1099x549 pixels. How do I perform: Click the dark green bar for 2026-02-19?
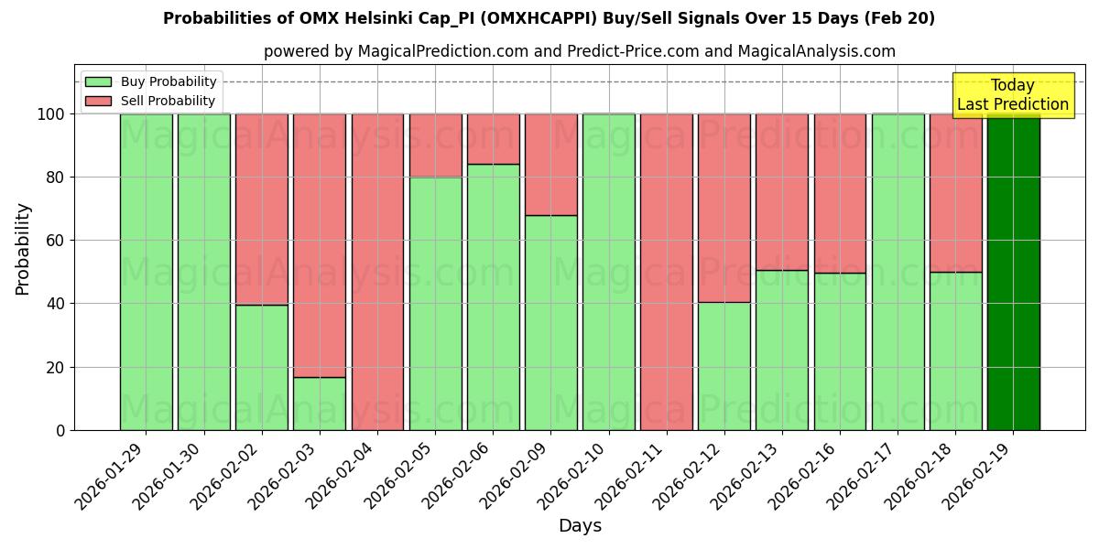point(1013,272)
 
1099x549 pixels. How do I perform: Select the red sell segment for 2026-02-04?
point(377,272)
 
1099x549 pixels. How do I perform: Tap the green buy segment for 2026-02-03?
point(320,404)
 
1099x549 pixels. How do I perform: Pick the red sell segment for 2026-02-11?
point(667,272)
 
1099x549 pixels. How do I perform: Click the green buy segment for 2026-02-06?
point(493,297)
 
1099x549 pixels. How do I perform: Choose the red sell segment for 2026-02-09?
point(551,165)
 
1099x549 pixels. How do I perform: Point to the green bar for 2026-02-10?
point(609,272)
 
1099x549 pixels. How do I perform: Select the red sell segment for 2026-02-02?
point(262,209)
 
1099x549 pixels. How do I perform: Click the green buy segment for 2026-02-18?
point(955,350)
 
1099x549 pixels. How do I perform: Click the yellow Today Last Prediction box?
point(1012,95)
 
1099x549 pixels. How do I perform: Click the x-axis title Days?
point(580,526)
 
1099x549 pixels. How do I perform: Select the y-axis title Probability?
point(23,248)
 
